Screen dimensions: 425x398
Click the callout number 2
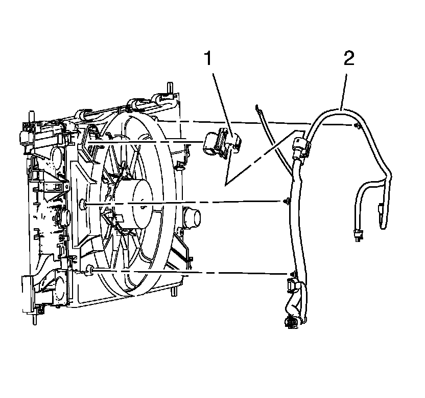click(x=348, y=58)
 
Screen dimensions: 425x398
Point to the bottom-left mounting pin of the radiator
click(x=34, y=317)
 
